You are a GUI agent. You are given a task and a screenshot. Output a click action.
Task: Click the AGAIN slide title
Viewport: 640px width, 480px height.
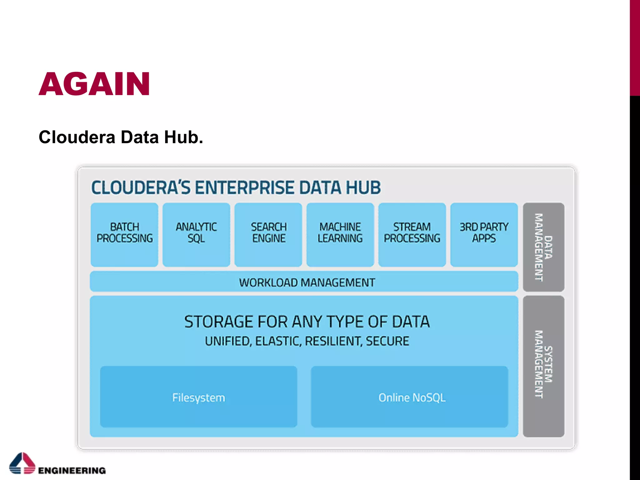[94, 84]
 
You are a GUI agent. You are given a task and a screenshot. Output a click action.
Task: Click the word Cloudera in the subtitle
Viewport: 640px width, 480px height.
[77, 137]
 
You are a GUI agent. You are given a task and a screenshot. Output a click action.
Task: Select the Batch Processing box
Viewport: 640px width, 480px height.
[124, 234]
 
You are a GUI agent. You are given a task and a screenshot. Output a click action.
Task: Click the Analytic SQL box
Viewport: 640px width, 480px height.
[196, 234]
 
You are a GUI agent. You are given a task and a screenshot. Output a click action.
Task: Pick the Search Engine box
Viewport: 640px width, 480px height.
[268, 234]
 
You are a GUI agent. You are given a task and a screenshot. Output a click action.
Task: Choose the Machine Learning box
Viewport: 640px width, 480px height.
[340, 234]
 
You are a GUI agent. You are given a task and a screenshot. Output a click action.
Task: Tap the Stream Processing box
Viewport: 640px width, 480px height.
[412, 234]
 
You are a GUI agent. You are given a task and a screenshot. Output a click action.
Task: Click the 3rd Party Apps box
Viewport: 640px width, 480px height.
[484, 234]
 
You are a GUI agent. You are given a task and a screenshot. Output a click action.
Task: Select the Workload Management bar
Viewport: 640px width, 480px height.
[304, 282]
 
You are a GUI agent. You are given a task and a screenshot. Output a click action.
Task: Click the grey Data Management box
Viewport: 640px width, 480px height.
[543, 247]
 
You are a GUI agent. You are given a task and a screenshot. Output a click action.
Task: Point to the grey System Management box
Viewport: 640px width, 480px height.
[543, 366]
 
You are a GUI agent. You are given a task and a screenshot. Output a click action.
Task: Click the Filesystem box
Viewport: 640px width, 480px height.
[198, 397]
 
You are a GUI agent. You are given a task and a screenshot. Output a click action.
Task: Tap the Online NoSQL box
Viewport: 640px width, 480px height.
[409, 397]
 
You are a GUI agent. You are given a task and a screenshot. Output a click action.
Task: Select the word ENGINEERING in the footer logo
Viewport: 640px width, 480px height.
[72, 470]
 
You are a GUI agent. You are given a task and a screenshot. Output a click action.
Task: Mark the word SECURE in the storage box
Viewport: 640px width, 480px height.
[387, 341]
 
